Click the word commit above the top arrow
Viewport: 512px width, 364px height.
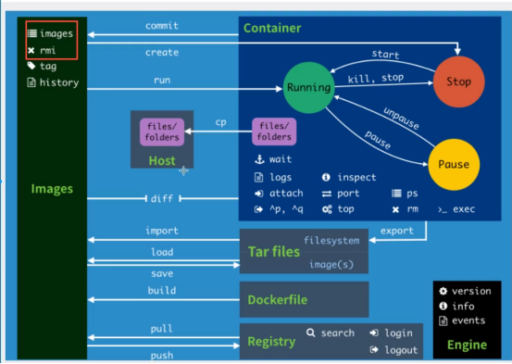(x=161, y=26)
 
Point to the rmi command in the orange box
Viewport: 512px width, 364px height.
(x=46, y=49)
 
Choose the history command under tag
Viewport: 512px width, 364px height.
(x=58, y=82)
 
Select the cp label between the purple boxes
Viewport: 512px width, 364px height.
(x=220, y=121)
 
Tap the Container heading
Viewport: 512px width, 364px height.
(x=271, y=28)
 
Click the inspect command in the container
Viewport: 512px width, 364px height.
(x=356, y=176)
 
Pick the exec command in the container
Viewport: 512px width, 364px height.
(x=464, y=209)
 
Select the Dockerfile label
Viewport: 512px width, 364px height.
(x=278, y=300)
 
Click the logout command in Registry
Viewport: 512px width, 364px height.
(x=398, y=350)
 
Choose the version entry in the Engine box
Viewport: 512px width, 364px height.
(x=471, y=291)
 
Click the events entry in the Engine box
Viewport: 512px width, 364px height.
(x=468, y=320)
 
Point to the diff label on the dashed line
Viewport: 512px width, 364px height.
(x=161, y=198)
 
